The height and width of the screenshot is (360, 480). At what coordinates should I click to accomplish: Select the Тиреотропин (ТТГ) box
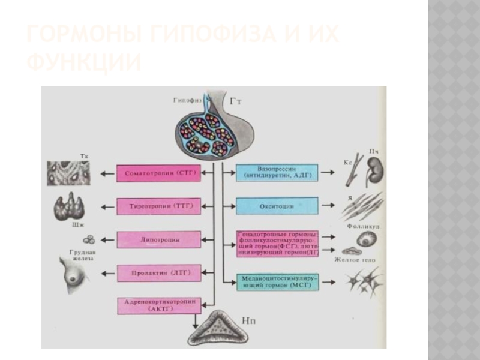[x=157, y=206]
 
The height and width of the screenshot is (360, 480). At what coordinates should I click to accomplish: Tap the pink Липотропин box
[x=157, y=239]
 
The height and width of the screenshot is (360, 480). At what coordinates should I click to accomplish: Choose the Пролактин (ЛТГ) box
[x=157, y=272]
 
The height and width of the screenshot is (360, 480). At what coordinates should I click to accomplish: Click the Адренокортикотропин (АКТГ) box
[x=157, y=305]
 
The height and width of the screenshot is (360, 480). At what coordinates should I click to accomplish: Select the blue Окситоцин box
[x=277, y=206]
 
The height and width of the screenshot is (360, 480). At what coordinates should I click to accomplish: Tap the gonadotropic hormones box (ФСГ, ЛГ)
[x=277, y=244]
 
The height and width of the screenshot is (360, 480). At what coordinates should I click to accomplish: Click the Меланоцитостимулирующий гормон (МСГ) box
[x=277, y=281]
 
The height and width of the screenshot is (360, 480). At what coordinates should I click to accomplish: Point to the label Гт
[x=235, y=101]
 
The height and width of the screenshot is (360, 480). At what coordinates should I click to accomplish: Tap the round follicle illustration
[x=365, y=239]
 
